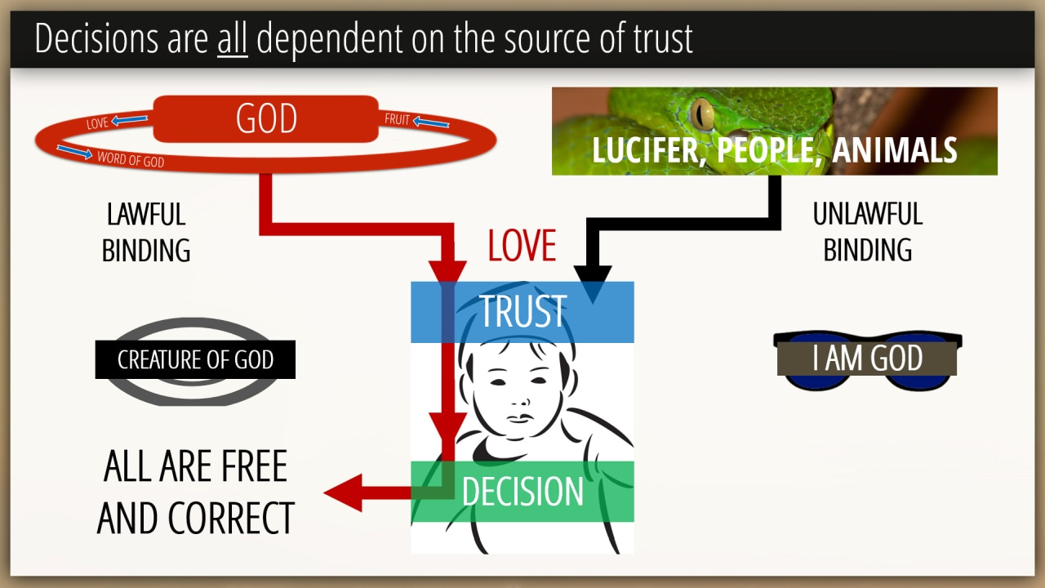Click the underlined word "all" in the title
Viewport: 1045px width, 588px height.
coord(232,39)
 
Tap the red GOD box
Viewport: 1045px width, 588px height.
coord(266,118)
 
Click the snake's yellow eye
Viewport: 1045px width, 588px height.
coord(701,114)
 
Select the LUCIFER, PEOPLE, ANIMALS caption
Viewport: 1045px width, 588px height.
coord(774,150)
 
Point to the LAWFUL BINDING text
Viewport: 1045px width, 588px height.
coord(146,232)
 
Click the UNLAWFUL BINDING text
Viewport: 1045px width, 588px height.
coord(867,232)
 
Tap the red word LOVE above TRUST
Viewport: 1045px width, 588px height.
coord(522,246)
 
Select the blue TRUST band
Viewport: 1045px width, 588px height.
coord(522,312)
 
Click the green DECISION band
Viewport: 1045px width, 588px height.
coord(522,492)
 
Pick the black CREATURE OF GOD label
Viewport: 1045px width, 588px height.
coord(195,360)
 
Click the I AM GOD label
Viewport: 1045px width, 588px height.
coord(867,359)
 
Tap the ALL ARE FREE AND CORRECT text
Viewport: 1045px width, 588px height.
coord(196,492)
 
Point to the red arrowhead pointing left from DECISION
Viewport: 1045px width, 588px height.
coord(344,492)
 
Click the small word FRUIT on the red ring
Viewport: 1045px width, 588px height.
coord(397,120)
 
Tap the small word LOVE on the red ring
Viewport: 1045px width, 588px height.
coord(97,124)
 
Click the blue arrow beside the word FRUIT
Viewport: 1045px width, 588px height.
coord(431,123)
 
